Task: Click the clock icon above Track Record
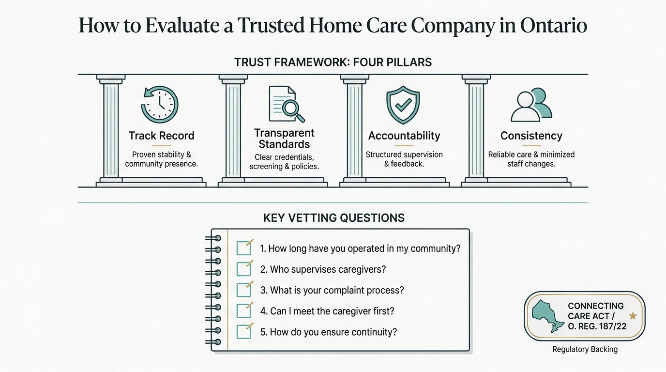pyautogui.click(x=160, y=105)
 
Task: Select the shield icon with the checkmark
pyautogui.click(x=403, y=105)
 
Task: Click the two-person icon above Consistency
pyautogui.click(x=531, y=105)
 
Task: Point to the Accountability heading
pyautogui.click(x=404, y=136)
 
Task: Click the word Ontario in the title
pyautogui.click(x=554, y=25)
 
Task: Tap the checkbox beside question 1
pyautogui.click(x=244, y=248)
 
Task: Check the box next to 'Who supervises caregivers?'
pyautogui.click(x=244, y=269)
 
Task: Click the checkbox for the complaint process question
pyautogui.click(x=244, y=290)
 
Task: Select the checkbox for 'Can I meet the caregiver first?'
pyautogui.click(x=244, y=310)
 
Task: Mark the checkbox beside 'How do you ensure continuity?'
pyautogui.click(x=244, y=331)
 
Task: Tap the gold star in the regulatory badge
pyautogui.click(x=633, y=316)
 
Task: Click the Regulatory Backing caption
pyautogui.click(x=585, y=349)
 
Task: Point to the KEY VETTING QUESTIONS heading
pyautogui.click(x=334, y=218)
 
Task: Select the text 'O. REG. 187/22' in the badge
pyautogui.click(x=597, y=326)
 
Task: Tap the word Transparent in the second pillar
pyautogui.click(x=284, y=133)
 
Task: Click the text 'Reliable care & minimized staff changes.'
pyautogui.click(x=531, y=159)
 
